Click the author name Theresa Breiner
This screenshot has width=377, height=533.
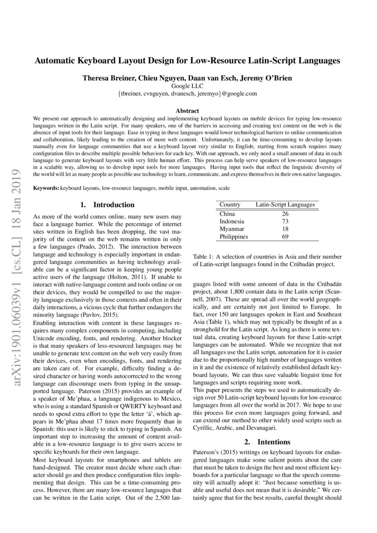tap(103, 78)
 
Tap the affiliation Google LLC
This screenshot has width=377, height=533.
tap(187, 86)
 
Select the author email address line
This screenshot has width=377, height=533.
tap(187, 93)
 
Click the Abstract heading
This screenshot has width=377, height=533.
tap(187, 111)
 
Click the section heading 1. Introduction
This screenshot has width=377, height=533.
tap(107, 205)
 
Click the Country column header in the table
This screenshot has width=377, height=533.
tap(230, 205)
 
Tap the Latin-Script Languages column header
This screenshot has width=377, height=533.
tap(285, 205)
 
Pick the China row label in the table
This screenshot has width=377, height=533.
tap(227, 213)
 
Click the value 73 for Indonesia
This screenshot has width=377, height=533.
tap(285, 221)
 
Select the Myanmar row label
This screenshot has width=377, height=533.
tap(232, 229)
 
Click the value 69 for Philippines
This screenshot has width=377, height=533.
tap(285, 237)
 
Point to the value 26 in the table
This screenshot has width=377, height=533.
tap(285, 213)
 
